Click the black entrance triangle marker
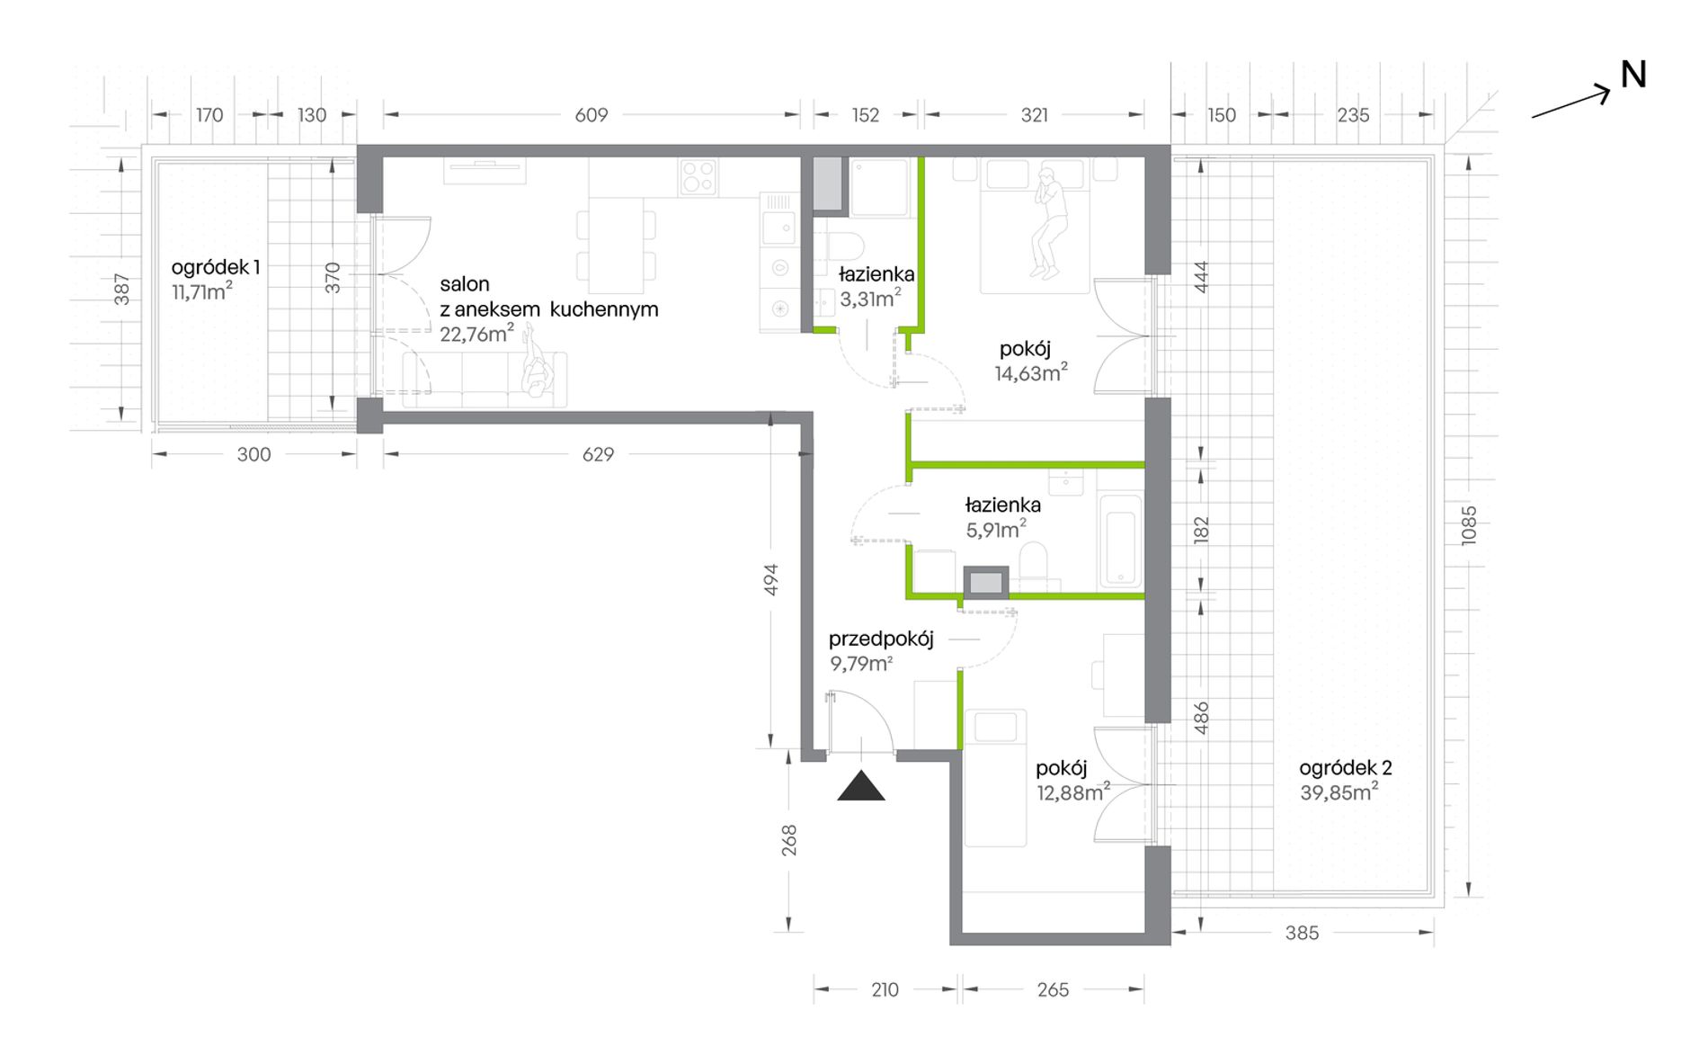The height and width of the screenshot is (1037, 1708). click(x=861, y=786)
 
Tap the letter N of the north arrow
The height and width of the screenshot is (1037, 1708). click(x=1632, y=75)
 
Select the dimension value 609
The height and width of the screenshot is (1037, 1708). click(x=592, y=115)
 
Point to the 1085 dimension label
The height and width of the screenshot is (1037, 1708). click(x=1468, y=526)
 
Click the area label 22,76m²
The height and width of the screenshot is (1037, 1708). click(x=477, y=334)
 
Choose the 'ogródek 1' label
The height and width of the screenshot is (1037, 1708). click(x=216, y=267)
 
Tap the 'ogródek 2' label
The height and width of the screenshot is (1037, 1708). click(x=1346, y=768)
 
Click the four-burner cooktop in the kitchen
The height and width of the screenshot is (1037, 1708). click(x=698, y=176)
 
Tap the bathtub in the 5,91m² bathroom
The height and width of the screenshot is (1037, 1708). click(x=1119, y=540)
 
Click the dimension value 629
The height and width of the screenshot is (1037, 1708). click(x=598, y=454)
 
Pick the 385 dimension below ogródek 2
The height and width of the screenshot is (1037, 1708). click(x=1302, y=933)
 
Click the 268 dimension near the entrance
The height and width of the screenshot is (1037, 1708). click(x=788, y=840)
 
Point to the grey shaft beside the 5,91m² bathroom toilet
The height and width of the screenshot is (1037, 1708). click(x=986, y=583)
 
